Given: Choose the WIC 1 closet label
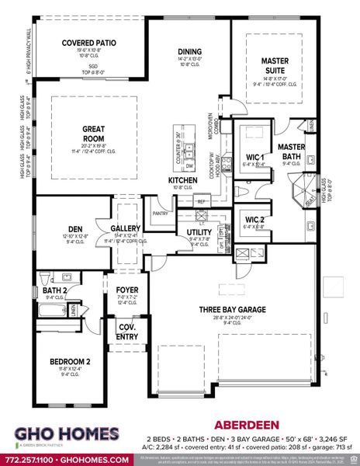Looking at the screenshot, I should [x=254, y=157].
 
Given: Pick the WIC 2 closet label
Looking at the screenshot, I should [x=254, y=221].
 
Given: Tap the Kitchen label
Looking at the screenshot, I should [x=184, y=180].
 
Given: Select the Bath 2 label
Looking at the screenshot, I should [x=53, y=290].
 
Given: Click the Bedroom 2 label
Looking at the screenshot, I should [x=61, y=362].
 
